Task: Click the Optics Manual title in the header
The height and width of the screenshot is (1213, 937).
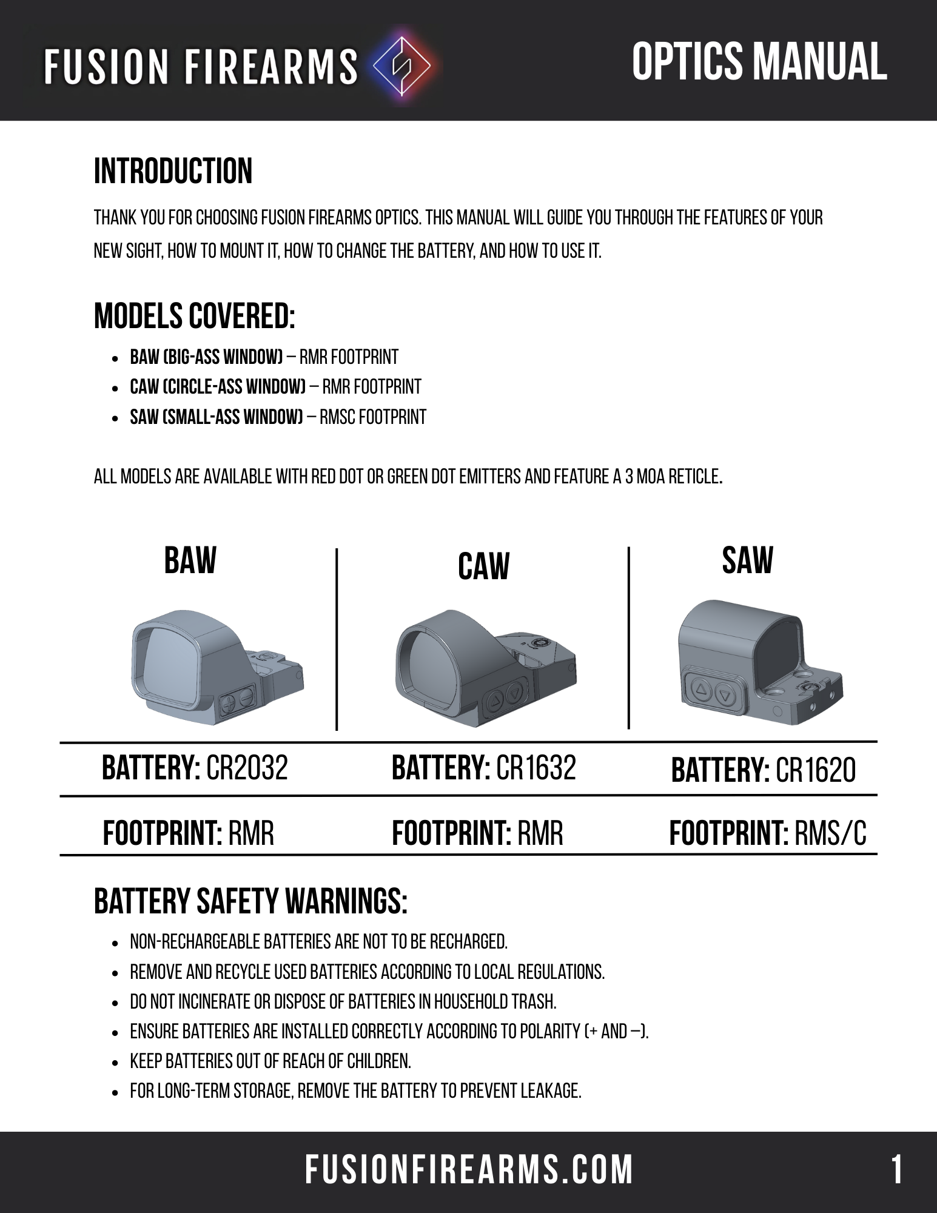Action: tap(759, 62)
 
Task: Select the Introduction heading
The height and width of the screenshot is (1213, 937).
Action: tap(173, 172)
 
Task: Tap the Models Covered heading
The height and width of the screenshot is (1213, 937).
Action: tap(195, 317)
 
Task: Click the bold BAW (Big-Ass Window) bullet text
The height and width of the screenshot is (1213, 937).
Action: tap(207, 357)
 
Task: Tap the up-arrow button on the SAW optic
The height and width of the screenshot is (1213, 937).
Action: tap(701, 689)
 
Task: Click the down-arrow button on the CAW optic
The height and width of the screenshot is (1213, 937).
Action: tap(515, 691)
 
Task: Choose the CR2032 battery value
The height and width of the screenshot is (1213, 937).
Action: tap(247, 768)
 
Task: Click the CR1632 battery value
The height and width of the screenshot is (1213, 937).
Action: tap(536, 768)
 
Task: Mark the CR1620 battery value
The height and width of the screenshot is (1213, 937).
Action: tap(816, 771)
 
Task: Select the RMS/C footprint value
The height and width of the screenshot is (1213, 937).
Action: tap(830, 833)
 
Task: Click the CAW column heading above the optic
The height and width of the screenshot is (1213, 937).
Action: tap(483, 566)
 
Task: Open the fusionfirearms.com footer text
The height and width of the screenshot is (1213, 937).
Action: tap(469, 1170)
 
